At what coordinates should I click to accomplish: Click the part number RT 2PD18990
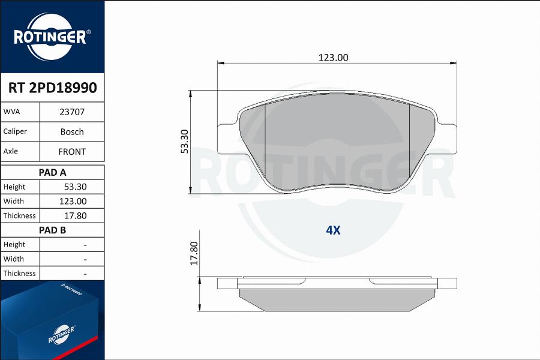pos(52,88)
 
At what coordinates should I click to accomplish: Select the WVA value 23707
pos(72,112)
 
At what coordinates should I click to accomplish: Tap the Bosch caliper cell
pos(72,131)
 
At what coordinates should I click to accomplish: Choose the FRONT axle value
pos(72,152)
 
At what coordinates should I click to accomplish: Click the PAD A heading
pos(52,172)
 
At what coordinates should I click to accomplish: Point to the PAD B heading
pos(52,230)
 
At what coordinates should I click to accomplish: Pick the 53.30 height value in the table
pos(76,187)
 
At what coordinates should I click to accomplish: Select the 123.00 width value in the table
pos(73,201)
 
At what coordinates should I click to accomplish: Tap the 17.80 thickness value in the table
pos(76,215)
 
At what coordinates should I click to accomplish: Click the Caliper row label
pos(15,131)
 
